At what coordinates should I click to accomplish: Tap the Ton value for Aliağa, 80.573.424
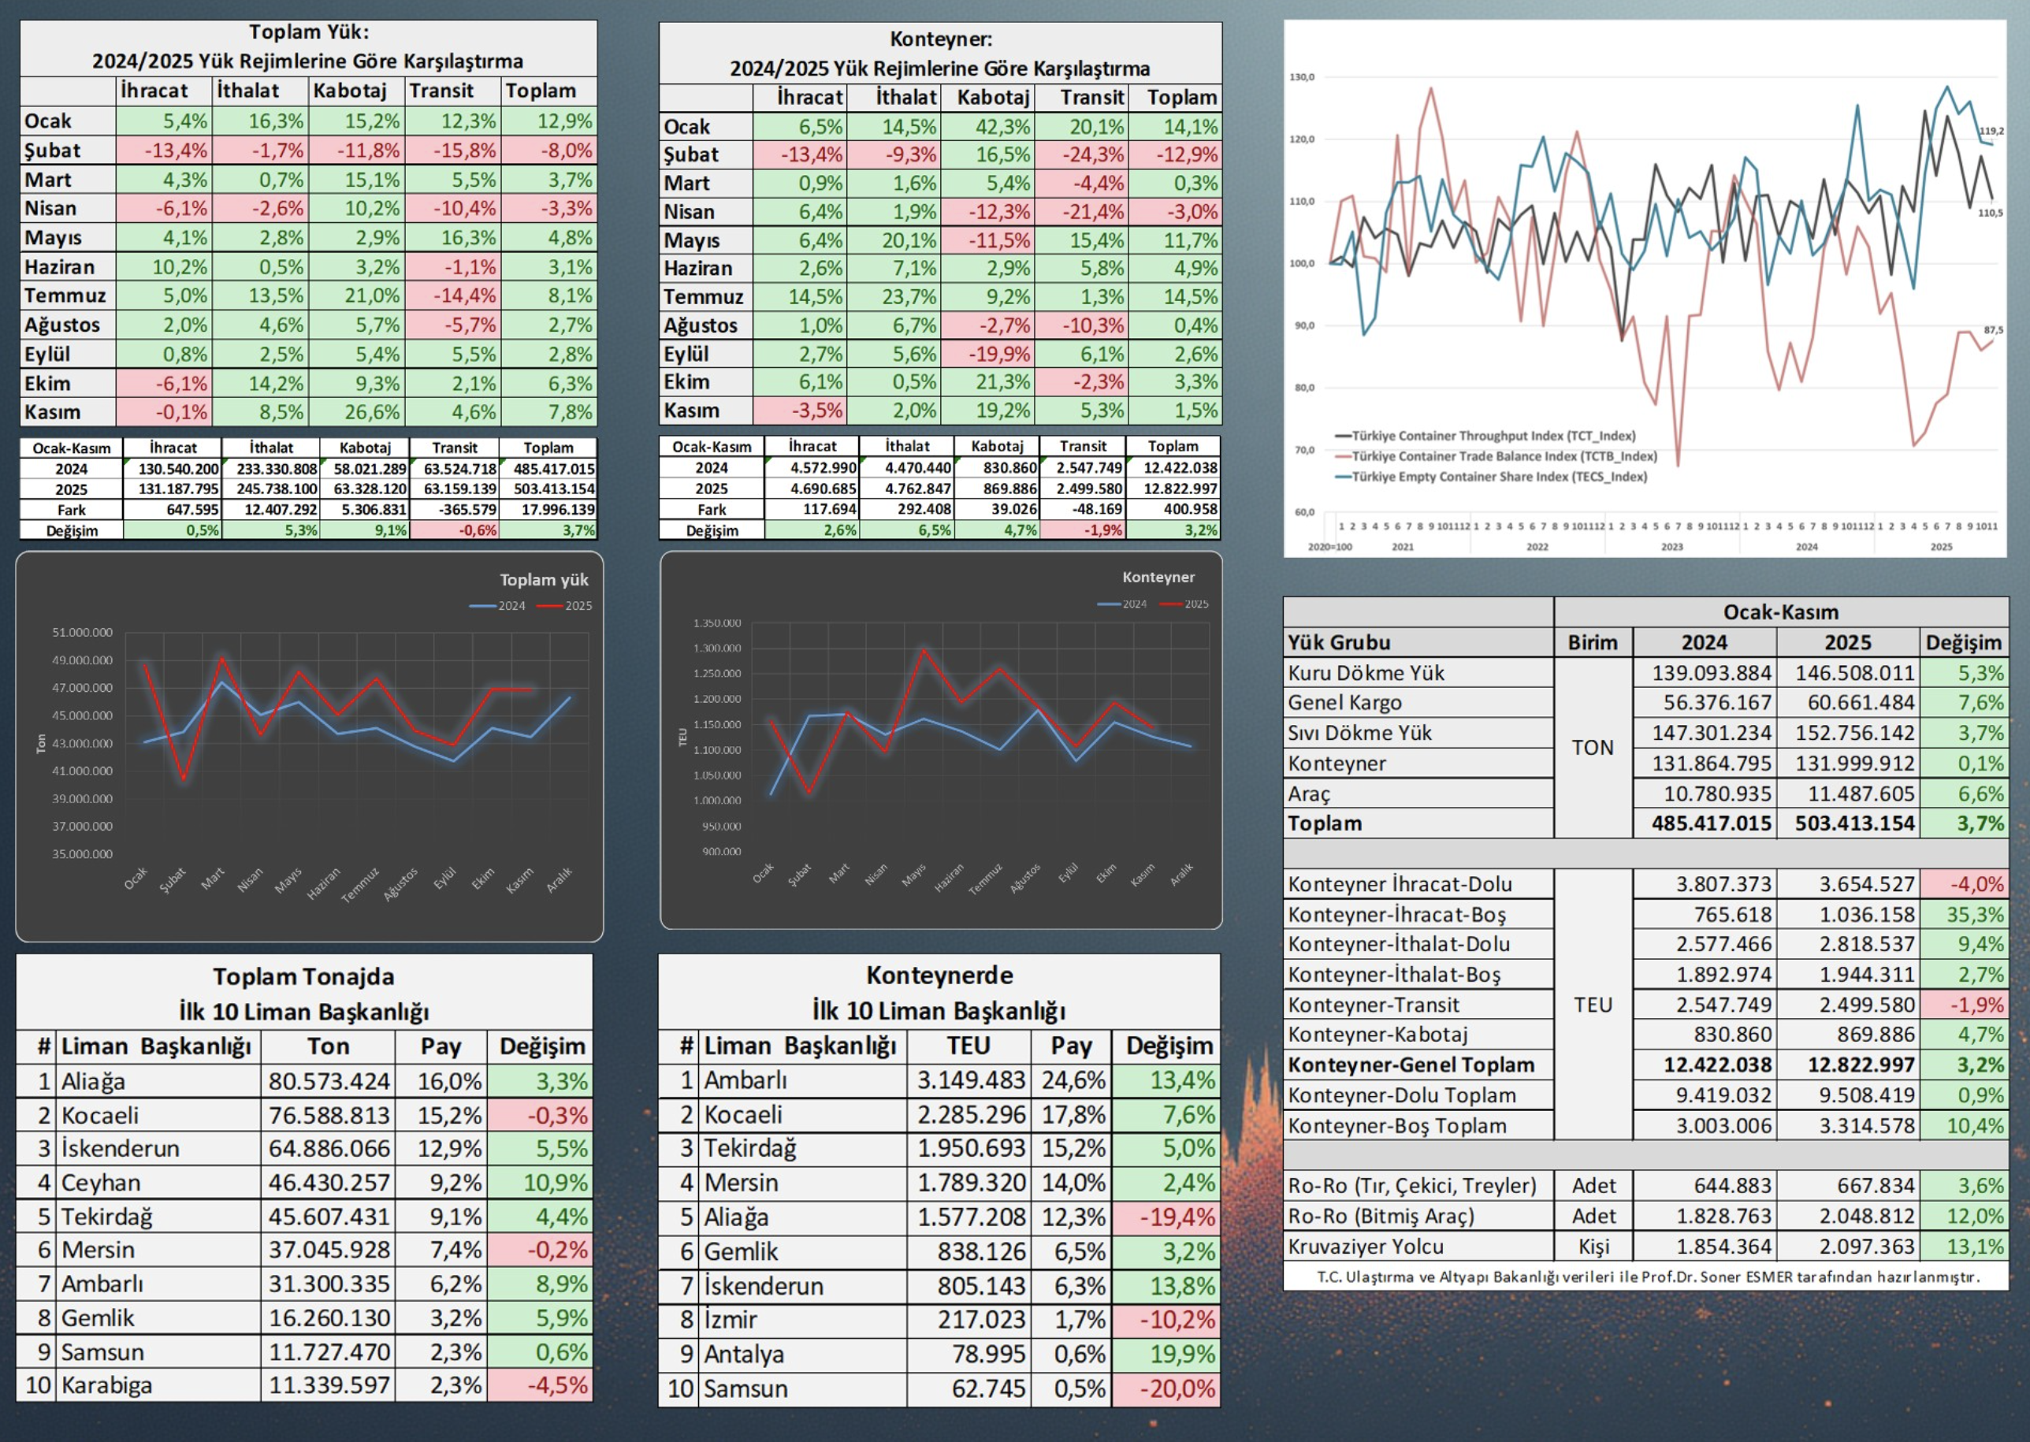click(x=329, y=1081)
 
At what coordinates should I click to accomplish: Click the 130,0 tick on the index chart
click(x=1302, y=77)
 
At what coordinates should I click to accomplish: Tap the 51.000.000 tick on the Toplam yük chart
click(x=83, y=632)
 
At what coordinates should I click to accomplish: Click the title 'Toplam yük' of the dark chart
click(x=544, y=580)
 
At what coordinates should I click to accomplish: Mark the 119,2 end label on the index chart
click(x=1991, y=131)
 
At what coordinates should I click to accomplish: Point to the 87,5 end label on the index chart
click(x=1993, y=330)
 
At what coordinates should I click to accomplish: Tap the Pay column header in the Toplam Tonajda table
click(x=441, y=1046)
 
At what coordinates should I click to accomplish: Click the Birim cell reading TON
click(x=1592, y=748)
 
